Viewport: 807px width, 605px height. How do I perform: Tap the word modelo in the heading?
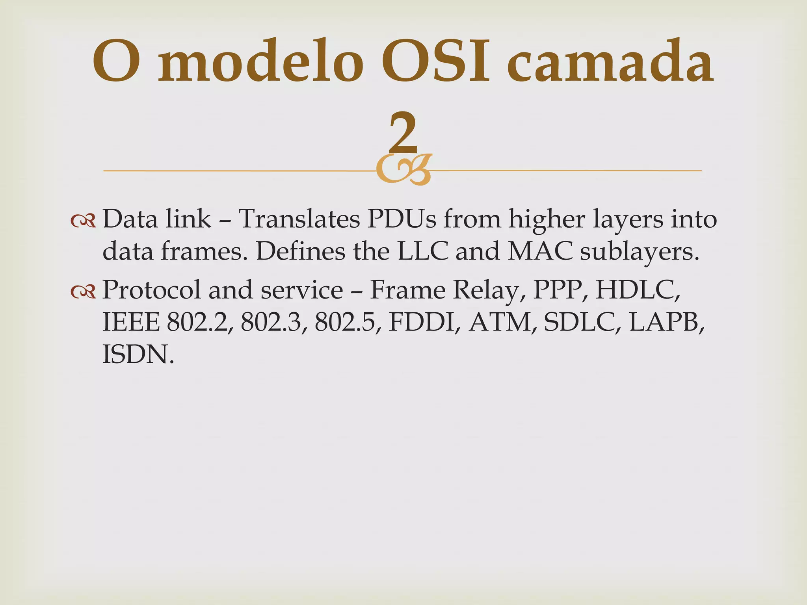(260, 63)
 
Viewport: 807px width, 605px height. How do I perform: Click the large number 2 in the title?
(403, 133)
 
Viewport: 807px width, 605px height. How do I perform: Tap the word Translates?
(299, 219)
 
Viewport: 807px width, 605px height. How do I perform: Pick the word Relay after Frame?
(489, 291)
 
